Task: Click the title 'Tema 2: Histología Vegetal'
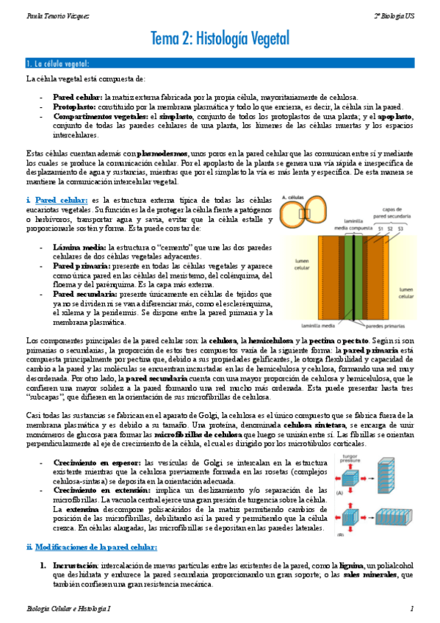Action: click(220, 38)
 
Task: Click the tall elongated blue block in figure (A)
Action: click(387, 478)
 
